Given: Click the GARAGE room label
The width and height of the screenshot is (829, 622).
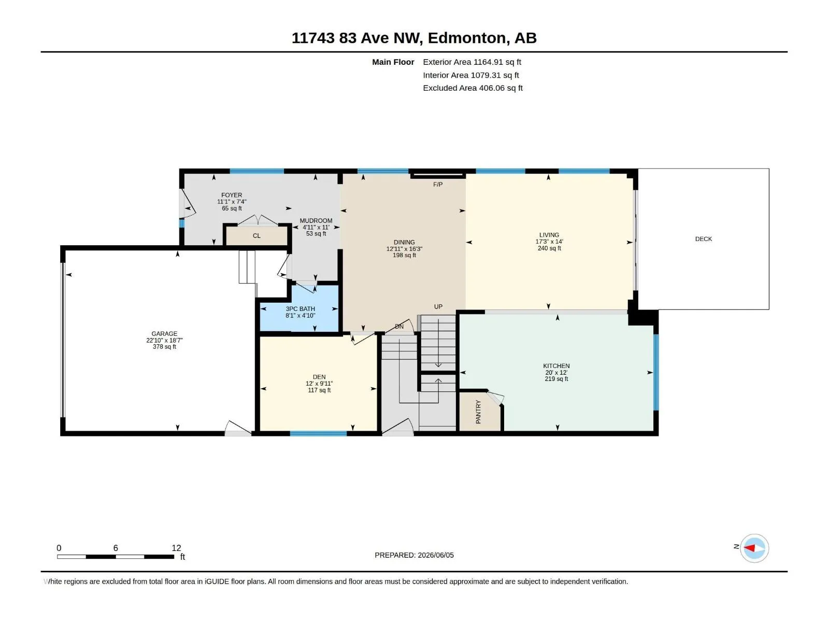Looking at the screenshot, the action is coord(164,333).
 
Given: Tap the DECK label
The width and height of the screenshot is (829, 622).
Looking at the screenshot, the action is coord(703,238).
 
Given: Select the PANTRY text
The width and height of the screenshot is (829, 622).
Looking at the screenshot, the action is coord(478,412).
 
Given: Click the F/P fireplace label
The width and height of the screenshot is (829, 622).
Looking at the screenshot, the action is coord(438,185).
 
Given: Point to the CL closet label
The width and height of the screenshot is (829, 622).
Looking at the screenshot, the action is coord(256,236).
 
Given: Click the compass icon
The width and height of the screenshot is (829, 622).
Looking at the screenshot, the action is coord(754,548).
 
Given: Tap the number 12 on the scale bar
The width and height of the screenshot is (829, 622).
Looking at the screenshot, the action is coord(176,548).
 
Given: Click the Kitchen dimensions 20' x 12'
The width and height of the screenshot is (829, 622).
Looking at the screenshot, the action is coord(556,372).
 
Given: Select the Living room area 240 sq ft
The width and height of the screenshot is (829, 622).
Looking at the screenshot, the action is coord(549,248).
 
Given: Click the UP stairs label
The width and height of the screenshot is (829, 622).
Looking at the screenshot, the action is coord(438,307).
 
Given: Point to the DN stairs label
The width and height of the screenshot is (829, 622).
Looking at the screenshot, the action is coord(399,327).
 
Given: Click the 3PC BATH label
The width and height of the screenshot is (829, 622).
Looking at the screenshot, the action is coord(300,309).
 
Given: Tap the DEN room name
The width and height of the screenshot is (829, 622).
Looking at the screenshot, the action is coord(319,377).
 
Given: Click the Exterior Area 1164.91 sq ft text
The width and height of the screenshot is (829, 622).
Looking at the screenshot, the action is coord(471,62).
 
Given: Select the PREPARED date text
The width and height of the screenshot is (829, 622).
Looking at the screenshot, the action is coord(414,555).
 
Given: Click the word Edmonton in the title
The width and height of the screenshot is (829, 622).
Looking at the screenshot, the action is coord(467,38).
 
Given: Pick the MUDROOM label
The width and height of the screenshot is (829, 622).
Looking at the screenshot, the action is coord(316,221).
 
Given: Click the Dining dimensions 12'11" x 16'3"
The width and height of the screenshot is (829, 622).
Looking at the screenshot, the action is coord(404,249).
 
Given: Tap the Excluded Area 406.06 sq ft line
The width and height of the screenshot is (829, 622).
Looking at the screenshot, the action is coord(473,88).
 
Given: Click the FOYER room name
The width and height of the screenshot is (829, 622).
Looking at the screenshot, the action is coord(232,195).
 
